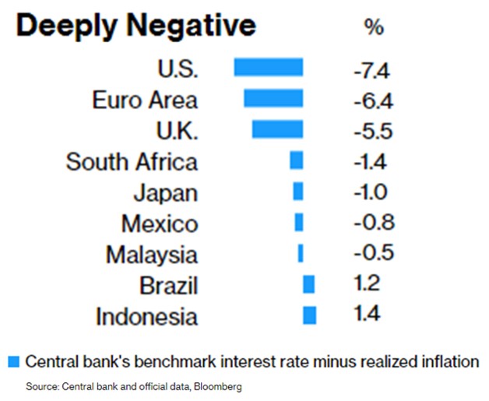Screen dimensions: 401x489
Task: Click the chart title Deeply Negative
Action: pyautogui.click(x=135, y=26)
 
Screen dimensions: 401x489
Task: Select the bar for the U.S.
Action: pyautogui.click(x=269, y=68)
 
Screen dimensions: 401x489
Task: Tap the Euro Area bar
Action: pyautogui.click(x=273, y=98)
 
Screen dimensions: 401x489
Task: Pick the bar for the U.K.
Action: pyautogui.click(x=277, y=129)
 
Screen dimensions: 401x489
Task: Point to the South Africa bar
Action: pyautogui.click(x=296, y=160)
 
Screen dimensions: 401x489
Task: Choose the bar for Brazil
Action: pyautogui.click(x=308, y=284)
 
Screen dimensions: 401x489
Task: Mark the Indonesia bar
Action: pyautogui.click(x=309, y=315)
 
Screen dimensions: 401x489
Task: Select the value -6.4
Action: pyautogui.click(x=372, y=103)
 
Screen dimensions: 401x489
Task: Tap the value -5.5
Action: pyautogui.click(x=372, y=133)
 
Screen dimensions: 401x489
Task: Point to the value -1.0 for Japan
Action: pyautogui.click(x=372, y=194)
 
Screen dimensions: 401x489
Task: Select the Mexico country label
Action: pyautogui.click(x=160, y=224)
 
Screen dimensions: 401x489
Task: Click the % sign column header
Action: pyautogui.click(x=374, y=28)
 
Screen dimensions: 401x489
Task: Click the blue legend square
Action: pyautogui.click(x=13, y=361)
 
